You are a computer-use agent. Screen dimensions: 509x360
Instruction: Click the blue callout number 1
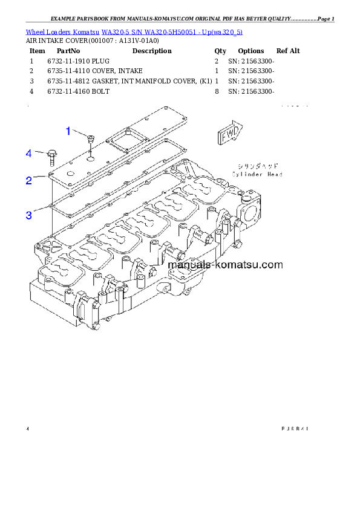click(68, 131)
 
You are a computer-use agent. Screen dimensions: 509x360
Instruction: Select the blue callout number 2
click(28, 180)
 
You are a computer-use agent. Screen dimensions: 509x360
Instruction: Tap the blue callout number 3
click(28, 215)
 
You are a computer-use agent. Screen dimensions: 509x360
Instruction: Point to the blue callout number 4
click(28, 154)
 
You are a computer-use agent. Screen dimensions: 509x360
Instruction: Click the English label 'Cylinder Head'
click(257, 174)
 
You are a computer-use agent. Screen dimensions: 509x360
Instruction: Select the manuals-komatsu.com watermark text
click(225, 265)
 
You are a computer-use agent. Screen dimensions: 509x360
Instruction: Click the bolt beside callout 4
click(51, 157)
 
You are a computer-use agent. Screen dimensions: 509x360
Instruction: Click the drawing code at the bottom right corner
click(295, 429)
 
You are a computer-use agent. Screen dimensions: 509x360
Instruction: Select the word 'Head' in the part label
click(273, 174)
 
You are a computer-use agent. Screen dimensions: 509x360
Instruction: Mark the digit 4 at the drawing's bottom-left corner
click(27, 429)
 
